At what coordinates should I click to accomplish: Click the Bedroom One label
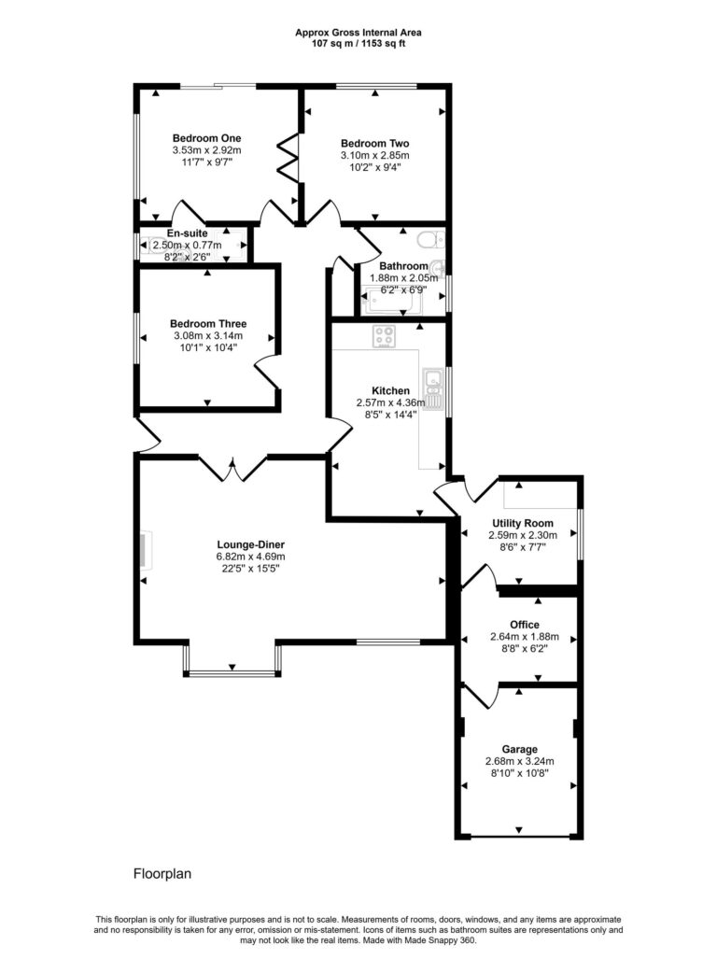pos(206,138)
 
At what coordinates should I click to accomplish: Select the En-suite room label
pos(187,233)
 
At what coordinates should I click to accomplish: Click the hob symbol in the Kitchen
pos(384,337)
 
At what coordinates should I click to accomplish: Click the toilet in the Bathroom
pos(432,240)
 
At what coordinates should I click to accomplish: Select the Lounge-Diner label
pos(251,544)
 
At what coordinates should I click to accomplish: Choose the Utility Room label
pos(523,524)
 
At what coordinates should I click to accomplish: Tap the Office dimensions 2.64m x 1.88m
pos(524,637)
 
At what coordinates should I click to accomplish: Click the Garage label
pos(520,749)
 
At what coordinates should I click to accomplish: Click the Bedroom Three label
pos(207,324)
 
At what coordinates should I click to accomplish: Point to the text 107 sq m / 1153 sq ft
pos(358,43)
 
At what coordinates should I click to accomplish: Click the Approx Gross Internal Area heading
pos(358,32)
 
